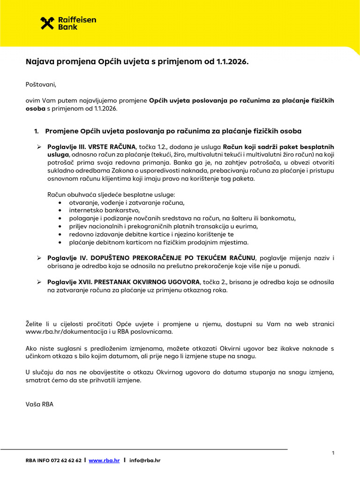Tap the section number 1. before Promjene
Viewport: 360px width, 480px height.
pos(37,131)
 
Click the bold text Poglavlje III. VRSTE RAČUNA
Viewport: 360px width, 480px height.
pos(91,147)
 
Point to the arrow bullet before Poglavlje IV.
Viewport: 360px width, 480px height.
pos(39,258)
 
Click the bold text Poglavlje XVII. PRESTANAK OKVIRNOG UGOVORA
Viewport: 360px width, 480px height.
pos(123,282)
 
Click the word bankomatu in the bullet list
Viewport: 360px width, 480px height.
pos(280,218)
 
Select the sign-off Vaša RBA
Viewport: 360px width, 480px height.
pos(39,404)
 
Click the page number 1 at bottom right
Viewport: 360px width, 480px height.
pos(333,453)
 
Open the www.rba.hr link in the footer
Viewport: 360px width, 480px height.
pos(103,461)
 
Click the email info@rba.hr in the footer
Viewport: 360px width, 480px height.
pos(145,461)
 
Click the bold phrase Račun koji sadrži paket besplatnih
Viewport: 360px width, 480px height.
pos(278,147)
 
